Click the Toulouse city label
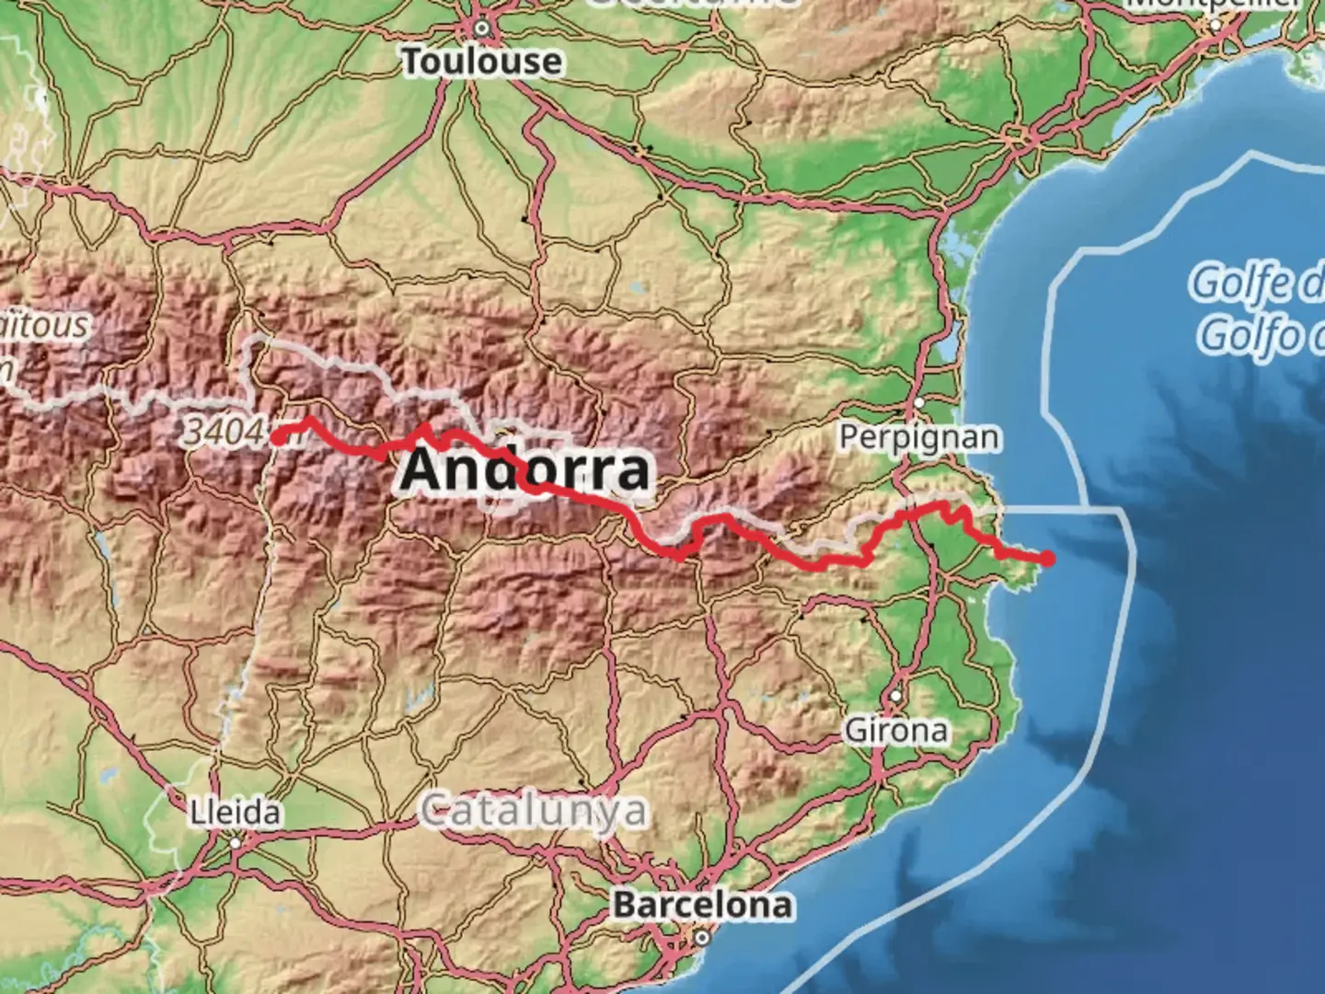pos(482,63)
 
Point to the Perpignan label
pos(918,437)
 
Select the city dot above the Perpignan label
pos(918,403)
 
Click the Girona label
pos(896,731)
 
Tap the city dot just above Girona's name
pos(895,696)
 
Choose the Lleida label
pos(236,813)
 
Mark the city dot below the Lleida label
pos(236,842)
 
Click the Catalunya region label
pos(534,812)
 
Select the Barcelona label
pos(703,905)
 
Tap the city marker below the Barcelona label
pos(702,938)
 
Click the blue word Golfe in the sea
pos(1256,283)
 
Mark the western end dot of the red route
pos(277,438)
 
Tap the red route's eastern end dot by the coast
pos(1047,558)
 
